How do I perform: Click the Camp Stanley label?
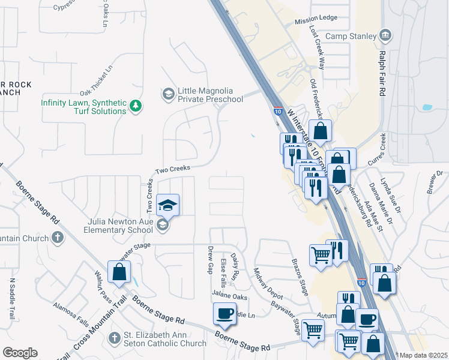pyautogui.click(x=351, y=36)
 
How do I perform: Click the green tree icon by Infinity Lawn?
pyautogui.click(x=137, y=106)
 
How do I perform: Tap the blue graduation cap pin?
pyautogui.click(x=167, y=205)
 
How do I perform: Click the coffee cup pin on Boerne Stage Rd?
pyautogui.click(x=225, y=313)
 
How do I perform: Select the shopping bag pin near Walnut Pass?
pyautogui.click(x=119, y=271)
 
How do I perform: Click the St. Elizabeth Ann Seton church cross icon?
pyautogui.click(x=115, y=339)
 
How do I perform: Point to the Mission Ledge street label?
pyautogui.click(x=316, y=19)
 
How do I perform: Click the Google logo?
pyautogui.click(x=20, y=353)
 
